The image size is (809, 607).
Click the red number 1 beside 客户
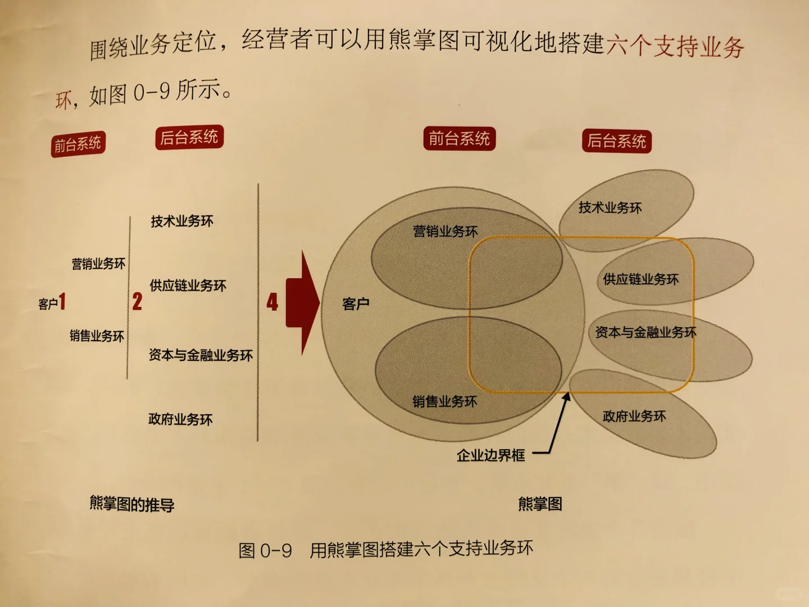pos(62,302)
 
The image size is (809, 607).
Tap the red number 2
pos(137,302)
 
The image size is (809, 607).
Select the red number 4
pos(272,302)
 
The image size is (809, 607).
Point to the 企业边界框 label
pos(490,455)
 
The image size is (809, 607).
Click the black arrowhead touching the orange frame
pos(566,397)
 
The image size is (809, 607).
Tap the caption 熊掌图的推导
pos(132,504)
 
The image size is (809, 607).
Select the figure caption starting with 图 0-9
pos(386,549)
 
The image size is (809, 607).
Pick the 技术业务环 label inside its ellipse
pos(610,208)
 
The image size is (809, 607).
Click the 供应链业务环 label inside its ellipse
pos(640,279)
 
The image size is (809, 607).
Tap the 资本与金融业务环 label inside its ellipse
pos(646,333)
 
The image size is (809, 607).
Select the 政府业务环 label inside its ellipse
pos(634,416)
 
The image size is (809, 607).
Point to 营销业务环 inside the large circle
pos(446,232)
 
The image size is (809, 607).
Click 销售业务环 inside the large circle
pos(444,401)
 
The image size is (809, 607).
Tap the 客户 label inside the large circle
pos(356,304)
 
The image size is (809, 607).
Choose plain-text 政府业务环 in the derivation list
pos(180,419)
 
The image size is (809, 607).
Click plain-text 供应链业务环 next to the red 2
pos(188,286)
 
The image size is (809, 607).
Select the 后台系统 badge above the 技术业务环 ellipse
pos(616,141)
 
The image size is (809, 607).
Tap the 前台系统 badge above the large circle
pos(459,138)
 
